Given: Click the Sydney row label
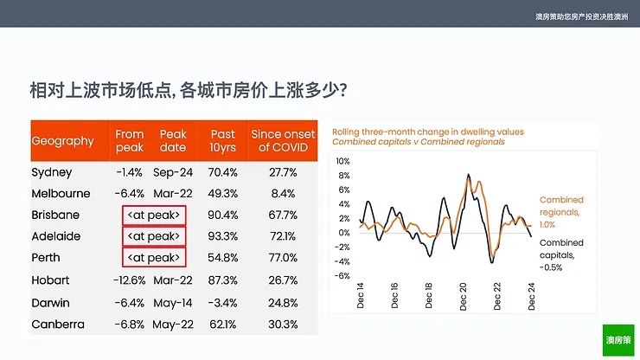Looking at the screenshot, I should pyautogui.click(x=52, y=172).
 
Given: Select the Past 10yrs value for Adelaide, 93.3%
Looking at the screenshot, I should pyautogui.click(x=222, y=235).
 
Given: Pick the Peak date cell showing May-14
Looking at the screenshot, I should pyautogui.click(x=173, y=303).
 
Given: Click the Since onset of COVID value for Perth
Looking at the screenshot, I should pyautogui.click(x=284, y=258).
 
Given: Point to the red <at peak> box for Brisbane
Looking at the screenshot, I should pyautogui.click(x=154, y=214).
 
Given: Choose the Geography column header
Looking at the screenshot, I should pyautogui.click(x=62, y=141).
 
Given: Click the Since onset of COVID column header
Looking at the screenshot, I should pyautogui.click(x=284, y=141).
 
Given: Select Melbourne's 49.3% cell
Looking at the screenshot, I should pyautogui.click(x=222, y=193).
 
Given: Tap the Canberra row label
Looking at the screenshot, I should pyautogui.click(x=57, y=325).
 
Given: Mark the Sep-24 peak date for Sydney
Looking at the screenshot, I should pyautogui.click(x=173, y=172).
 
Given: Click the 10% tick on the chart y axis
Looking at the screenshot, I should pyautogui.click(x=342, y=161).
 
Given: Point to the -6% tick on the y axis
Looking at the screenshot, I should pyautogui.click(x=342, y=276).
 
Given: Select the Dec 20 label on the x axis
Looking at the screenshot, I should pyautogui.click(x=463, y=297).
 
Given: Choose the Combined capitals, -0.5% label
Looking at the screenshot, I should pyautogui.click(x=561, y=255).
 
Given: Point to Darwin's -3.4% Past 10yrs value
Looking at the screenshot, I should pyautogui.click(x=222, y=303).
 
